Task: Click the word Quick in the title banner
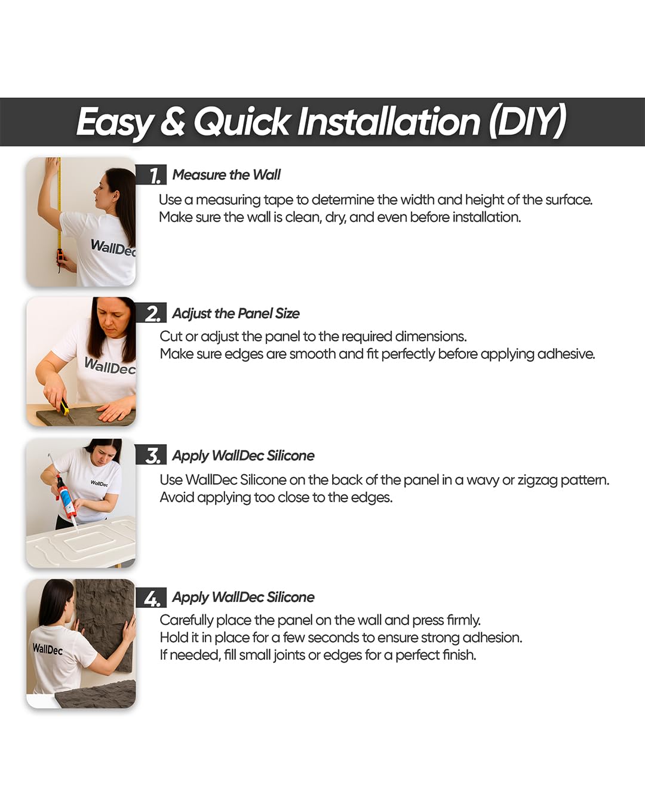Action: coord(242,121)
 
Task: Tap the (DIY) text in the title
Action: coord(527,121)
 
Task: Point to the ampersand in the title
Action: coord(173,121)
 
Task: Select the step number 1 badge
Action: coord(151,174)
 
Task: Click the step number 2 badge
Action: coord(151,313)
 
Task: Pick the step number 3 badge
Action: coord(151,455)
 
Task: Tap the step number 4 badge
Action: coord(151,598)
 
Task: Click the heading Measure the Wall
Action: coord(226,174)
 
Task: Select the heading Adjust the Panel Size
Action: coord(236,313)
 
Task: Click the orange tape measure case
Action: coord(60,256)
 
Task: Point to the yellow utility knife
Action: coord(66,408)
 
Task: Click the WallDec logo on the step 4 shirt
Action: coord(47,648)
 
